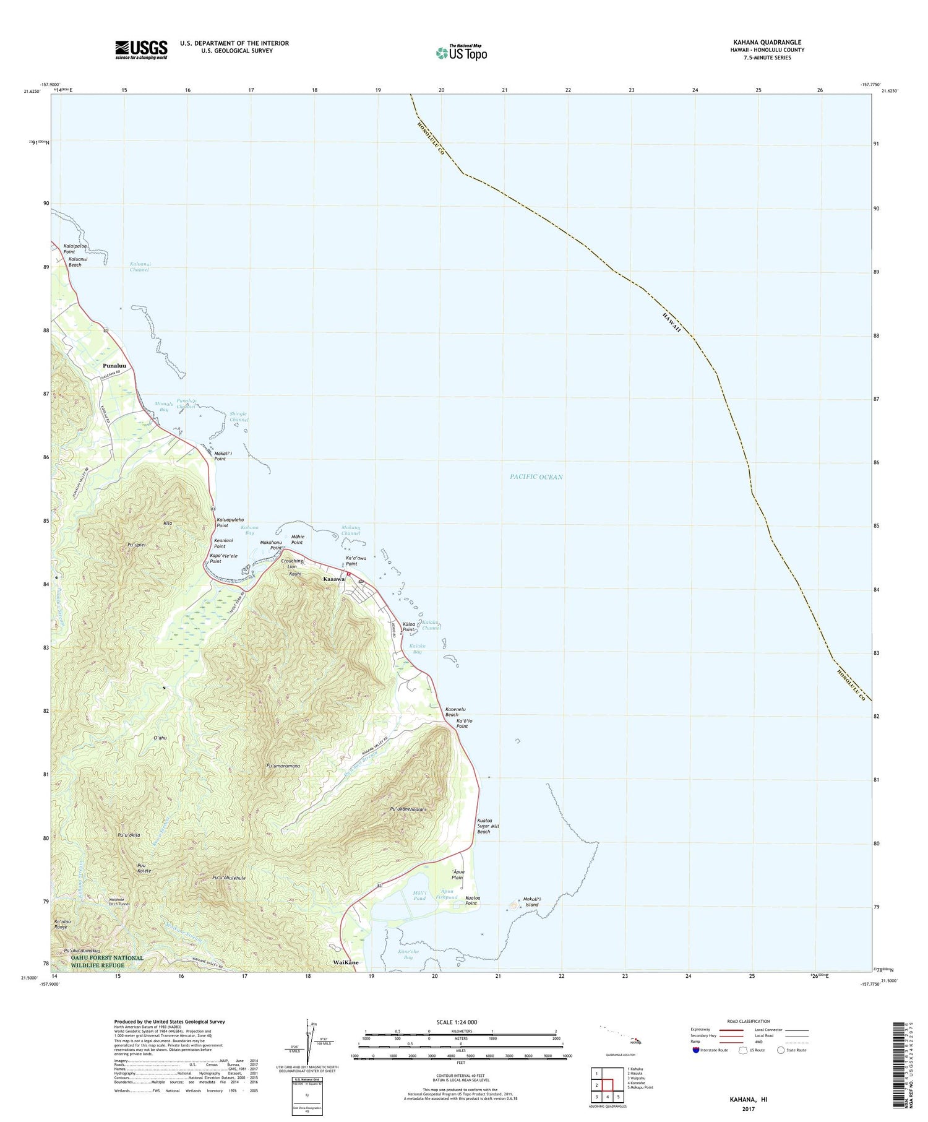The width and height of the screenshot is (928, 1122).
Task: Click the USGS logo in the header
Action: [141, 50]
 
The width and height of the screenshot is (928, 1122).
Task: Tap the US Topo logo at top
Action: [461, 53]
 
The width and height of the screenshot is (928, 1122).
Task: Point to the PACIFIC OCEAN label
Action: [536, 477]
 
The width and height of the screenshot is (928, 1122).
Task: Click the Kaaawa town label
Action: [334, 579]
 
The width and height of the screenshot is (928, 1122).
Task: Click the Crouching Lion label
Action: [292, 564]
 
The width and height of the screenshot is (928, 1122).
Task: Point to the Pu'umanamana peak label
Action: [283, 766]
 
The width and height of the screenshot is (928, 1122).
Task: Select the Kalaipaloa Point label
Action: [75, 249]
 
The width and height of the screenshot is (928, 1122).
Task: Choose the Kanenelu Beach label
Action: [455, 712]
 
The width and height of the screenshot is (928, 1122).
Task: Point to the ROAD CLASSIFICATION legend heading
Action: [749, 1021]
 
